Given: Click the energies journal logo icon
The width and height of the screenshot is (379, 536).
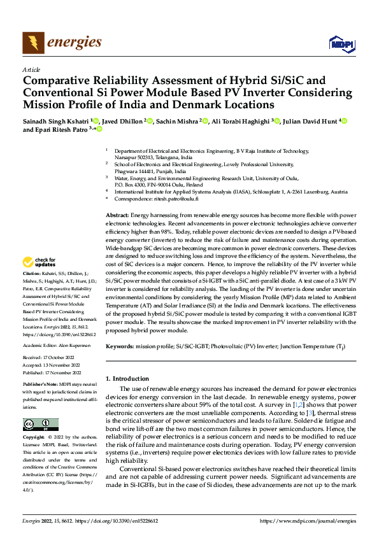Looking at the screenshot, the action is (x=32, y=43).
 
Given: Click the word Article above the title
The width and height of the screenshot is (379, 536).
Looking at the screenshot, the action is (x=31, y=69).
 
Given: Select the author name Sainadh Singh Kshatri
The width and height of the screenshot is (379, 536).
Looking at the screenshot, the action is (x=55, y=120).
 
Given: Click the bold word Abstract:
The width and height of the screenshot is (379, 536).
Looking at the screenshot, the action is (x=117, y=217).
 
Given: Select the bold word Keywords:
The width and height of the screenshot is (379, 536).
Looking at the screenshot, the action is (x=120, y=346).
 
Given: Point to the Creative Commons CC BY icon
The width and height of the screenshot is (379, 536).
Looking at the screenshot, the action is (x=40, y=425).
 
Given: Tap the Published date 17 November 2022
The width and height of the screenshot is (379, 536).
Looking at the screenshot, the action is (x=66, y=372).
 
